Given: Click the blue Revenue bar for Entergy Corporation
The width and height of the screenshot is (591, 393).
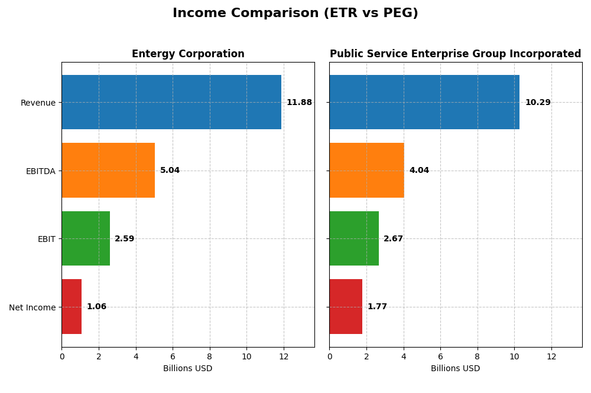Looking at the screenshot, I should point(171,102).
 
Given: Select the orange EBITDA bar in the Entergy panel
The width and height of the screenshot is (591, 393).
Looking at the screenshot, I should point(108,171).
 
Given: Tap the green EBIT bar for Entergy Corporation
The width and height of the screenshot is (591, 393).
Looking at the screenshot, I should point(86,238).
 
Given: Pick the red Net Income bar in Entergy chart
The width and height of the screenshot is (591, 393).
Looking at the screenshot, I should point(72,307).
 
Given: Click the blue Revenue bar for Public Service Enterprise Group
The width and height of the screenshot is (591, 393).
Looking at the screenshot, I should point(424,102).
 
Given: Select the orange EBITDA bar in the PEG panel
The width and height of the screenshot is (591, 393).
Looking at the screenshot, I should point(366,171).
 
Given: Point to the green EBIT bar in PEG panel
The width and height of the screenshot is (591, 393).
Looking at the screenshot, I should point(354,238).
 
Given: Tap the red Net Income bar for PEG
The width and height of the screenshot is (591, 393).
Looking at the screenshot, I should point(346,307).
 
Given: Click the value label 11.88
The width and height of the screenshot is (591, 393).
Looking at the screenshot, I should point(299,103).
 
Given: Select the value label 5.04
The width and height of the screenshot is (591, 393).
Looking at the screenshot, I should point(170,171).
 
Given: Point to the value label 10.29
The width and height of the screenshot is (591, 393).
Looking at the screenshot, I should point(538,103).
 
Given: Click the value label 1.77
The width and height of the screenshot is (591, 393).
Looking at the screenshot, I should point(377,307).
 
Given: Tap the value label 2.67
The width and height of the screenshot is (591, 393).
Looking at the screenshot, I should point(393,239).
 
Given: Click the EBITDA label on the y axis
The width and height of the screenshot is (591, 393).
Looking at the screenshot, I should point(40,171).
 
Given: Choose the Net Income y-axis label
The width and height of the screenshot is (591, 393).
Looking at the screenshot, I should point(32,307).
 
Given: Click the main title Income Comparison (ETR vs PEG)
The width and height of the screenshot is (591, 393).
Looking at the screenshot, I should point(295,13).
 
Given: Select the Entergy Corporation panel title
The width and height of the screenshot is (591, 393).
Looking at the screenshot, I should point(188,54).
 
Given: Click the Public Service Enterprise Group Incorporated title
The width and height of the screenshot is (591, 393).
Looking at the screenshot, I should point(455,54).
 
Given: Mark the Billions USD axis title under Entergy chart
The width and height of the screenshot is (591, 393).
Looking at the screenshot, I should point(187,369).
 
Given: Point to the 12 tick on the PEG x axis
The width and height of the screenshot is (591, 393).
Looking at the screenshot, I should point(551,357).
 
